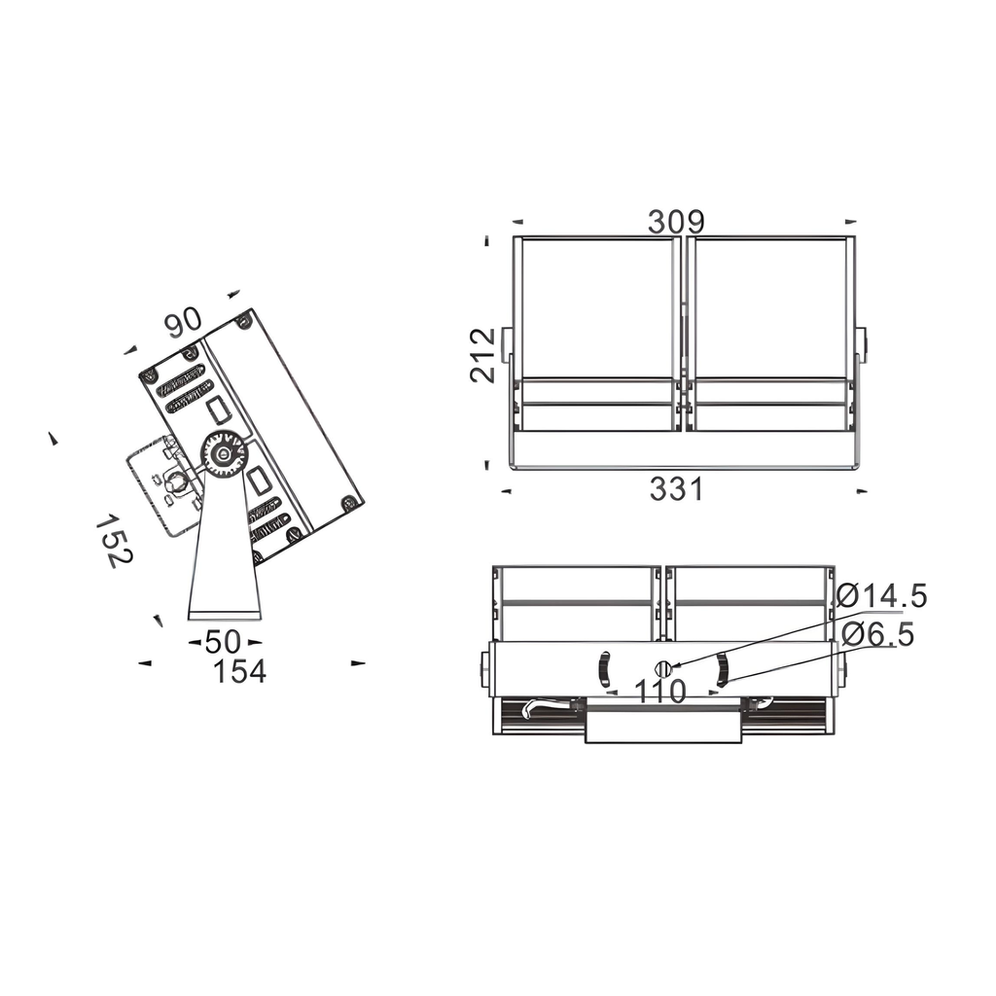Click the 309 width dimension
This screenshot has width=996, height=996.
(676, 222)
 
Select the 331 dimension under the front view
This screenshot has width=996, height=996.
(676, 489)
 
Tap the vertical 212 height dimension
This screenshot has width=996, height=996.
(483, 355)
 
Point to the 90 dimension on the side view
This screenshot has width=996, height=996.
(182, 322)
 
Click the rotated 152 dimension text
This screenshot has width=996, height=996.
(114, 541)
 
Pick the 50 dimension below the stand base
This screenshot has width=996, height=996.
(223, 642)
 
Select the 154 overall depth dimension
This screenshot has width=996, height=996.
(239, 671)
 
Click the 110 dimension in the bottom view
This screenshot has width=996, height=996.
(660, 692)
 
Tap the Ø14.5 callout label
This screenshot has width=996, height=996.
(882, 595)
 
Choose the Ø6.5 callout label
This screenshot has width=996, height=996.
(877, 635)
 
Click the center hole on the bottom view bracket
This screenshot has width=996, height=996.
(663, 668)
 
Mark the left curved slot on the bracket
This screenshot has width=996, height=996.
(603, 669)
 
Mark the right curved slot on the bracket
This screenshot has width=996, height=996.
(723, 669)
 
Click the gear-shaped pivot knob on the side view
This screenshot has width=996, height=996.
(224, 454)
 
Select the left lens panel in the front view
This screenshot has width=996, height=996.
(596, 306)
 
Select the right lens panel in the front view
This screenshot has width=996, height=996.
(768, 306)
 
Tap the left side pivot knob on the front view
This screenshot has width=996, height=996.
(506, 345)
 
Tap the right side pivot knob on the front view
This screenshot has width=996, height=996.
(861, 345)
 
